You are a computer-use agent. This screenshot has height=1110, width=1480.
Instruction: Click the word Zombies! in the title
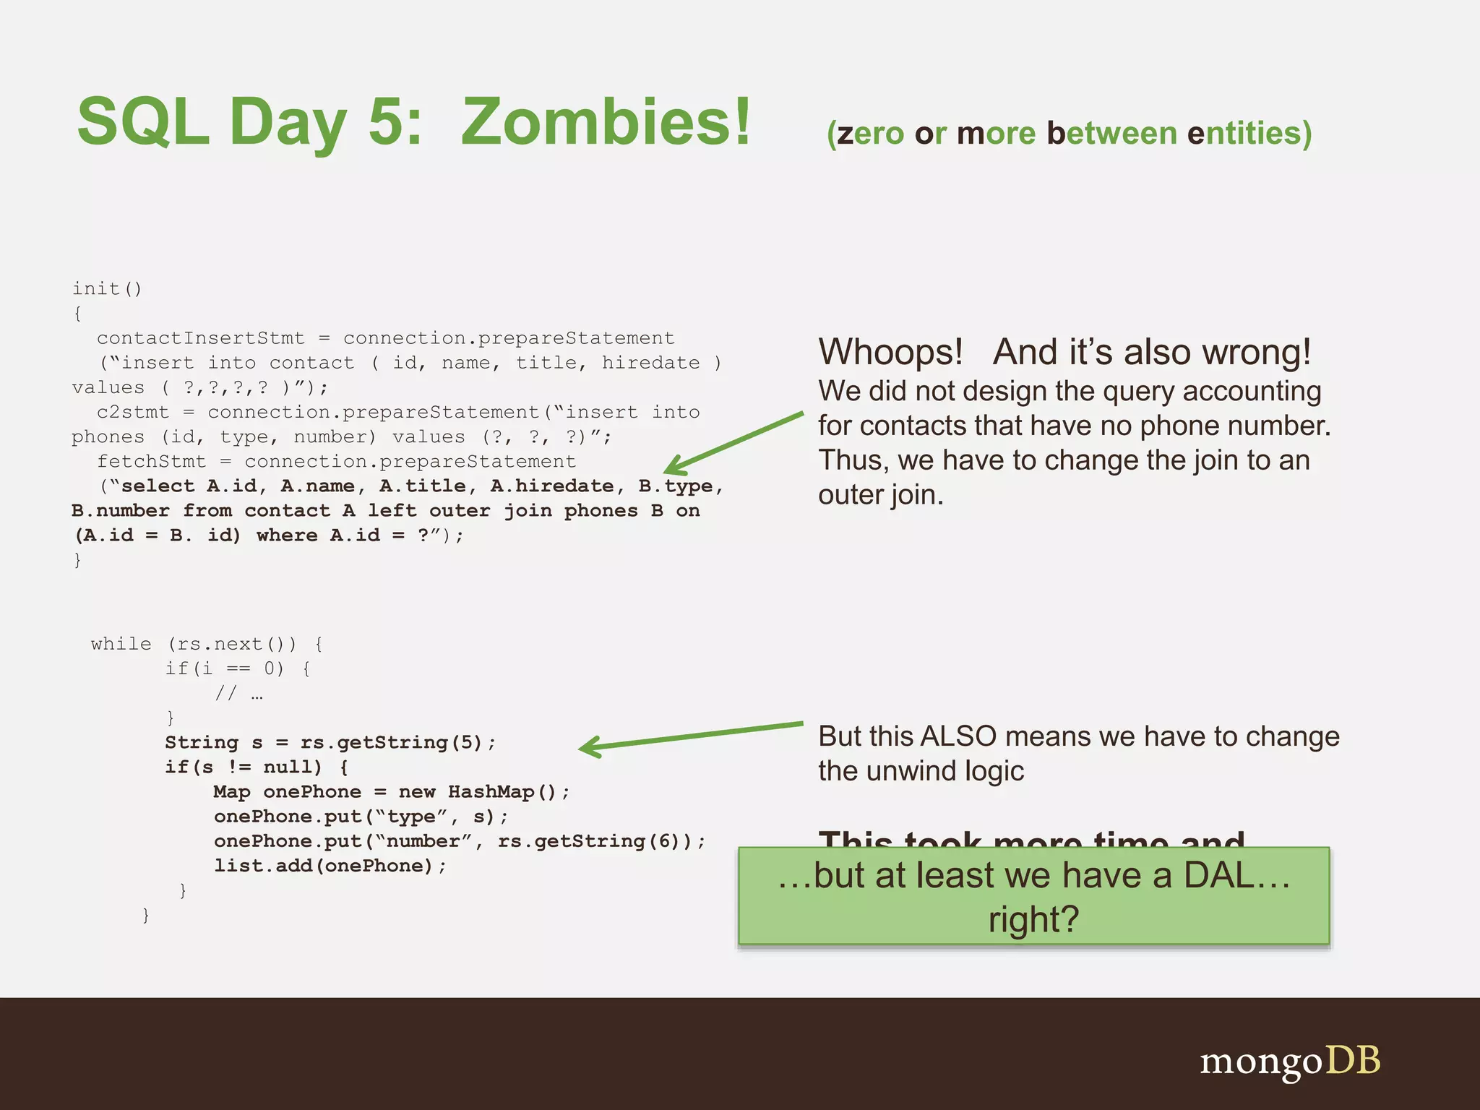tap(606, 121)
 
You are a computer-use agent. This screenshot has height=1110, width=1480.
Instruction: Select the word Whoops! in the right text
tap(890, 353)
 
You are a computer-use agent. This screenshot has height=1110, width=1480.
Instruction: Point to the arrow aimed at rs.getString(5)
tap(690, 735)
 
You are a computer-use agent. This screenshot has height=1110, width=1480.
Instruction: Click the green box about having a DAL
tap(1033, 896)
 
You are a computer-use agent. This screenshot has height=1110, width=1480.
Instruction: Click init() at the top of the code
tap(107, 288)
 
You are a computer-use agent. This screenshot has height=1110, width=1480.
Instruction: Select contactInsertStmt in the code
tap(200, 338)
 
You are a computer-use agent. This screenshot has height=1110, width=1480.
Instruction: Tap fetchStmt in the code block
tap(151, 461)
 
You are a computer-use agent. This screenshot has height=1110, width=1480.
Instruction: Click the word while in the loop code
tap(121, 644)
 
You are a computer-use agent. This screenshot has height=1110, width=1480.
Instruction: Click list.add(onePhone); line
tap(330, 866)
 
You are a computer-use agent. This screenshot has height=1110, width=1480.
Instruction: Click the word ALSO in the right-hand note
tap(958, 736)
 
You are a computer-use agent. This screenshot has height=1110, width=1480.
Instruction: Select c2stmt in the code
tap(132, 412)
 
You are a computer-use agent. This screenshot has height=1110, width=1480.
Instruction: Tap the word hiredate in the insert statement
tap(650, 363)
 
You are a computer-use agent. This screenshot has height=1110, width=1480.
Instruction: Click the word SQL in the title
tap(142, 121)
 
